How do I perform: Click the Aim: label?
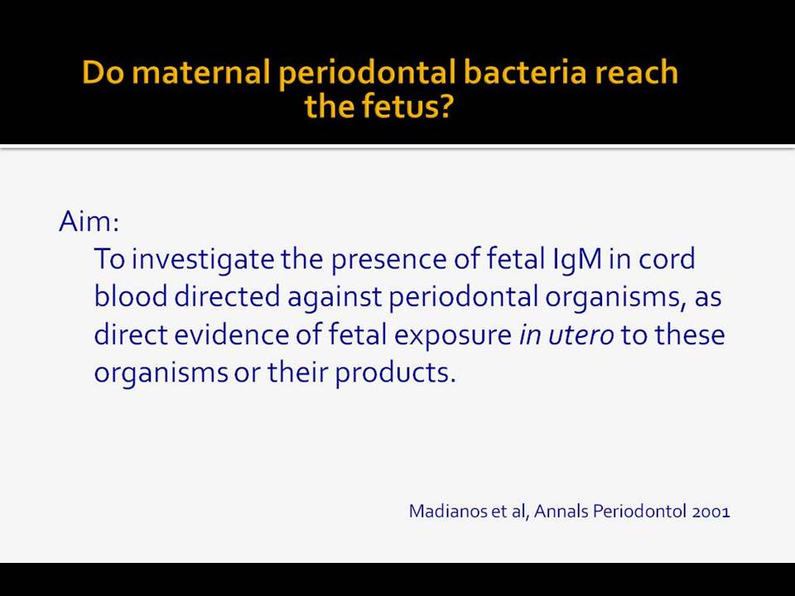[x=89, y=222]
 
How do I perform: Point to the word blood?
[x=131, y=296]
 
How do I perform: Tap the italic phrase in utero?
[x=566, y=335]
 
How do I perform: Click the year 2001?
[x=711, y=512]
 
